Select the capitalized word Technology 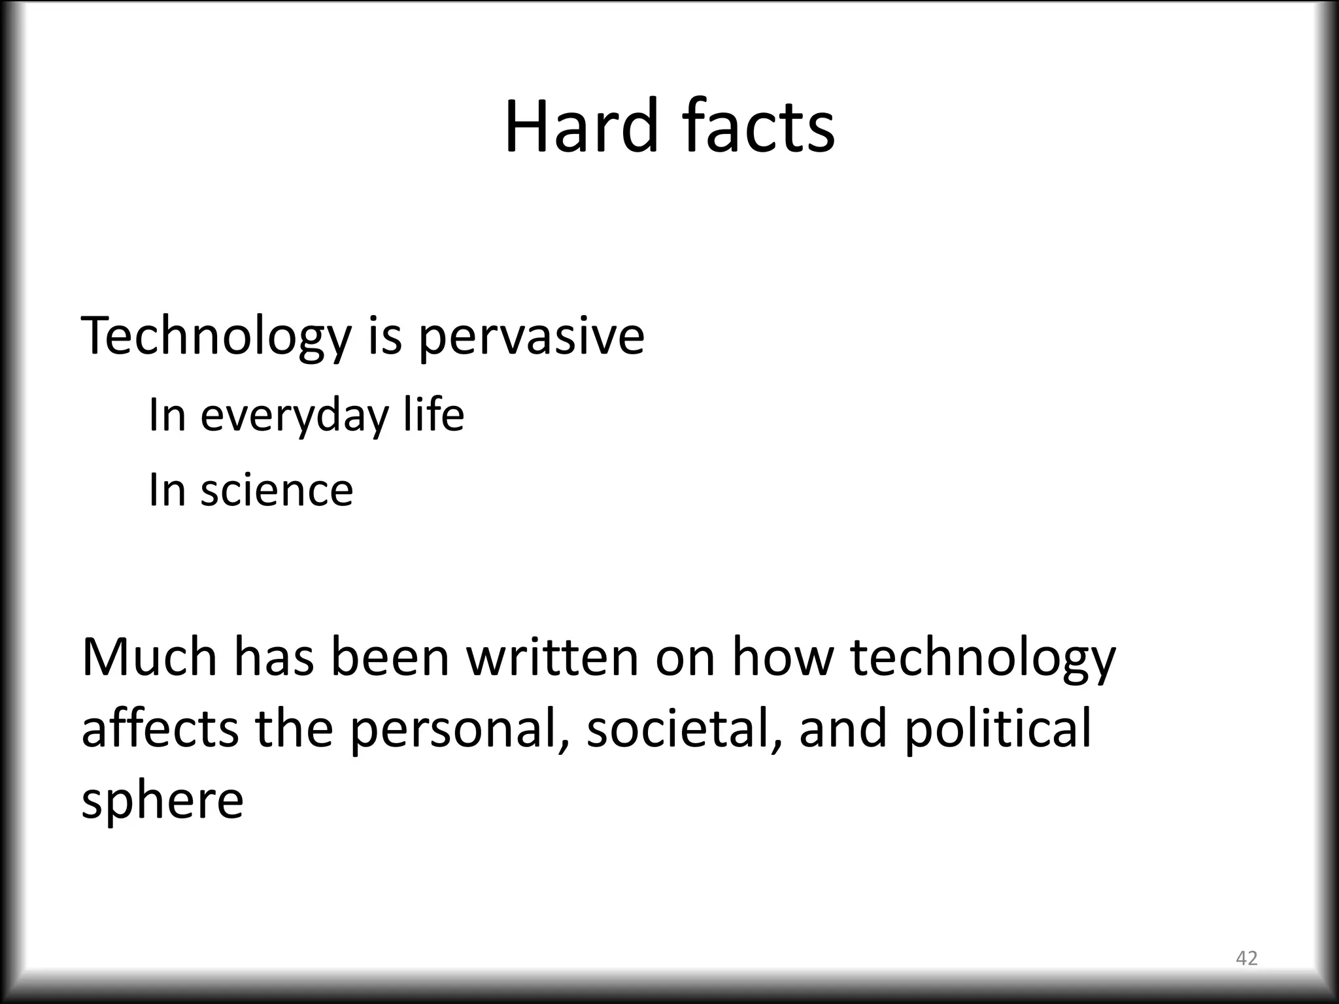(216, 337)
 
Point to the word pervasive (531, 337)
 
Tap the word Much (149, 657)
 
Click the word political (998, 729)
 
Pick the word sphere (162, 800)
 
